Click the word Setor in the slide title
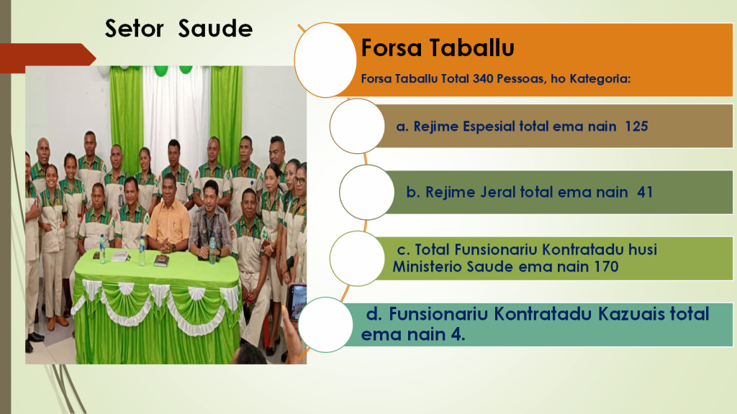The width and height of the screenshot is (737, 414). click(134, 29)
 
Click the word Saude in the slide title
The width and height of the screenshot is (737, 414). click(215, 29)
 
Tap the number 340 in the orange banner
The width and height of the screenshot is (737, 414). click(483, 78)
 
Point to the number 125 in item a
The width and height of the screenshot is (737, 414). click(636, 126)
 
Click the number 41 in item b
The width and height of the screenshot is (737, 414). click(645, 192)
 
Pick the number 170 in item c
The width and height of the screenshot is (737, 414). click(606, 267)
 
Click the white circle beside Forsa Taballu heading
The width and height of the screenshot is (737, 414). click(325, 60)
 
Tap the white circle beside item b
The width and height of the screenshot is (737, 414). click(367, 192)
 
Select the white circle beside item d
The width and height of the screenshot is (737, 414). click(326, 325)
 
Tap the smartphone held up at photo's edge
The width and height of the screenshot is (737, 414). click(296, 302)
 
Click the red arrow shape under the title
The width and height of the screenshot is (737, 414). click(47, 58)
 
